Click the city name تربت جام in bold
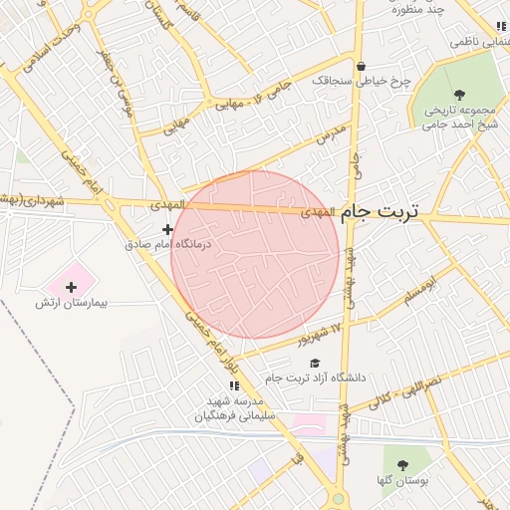[x=381, y=212]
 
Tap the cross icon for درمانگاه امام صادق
[x=167, y=230]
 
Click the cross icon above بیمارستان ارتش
[x=71, y=287]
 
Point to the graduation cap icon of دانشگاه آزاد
[x=316, y=364]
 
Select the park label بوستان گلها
[x=403, y=480]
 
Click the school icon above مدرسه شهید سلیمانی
[x=235, y=385]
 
